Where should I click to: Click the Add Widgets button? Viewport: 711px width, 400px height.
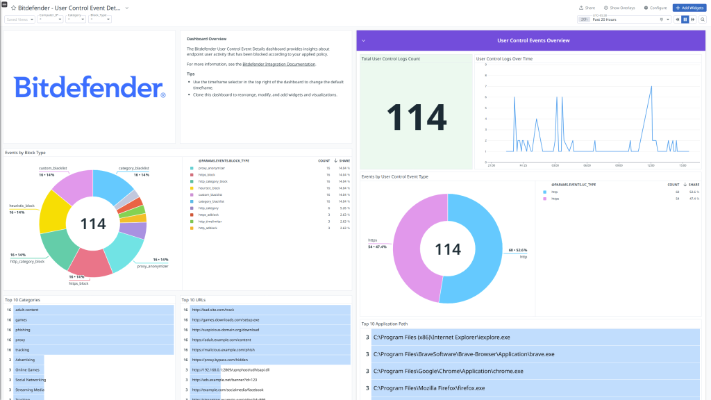click(x=689, y=8)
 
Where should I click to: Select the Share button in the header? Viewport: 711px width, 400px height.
click(x=587, y=8)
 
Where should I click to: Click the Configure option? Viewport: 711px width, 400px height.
click(x=655, y=8)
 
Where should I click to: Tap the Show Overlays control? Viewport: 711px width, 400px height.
click(x=619, y=8)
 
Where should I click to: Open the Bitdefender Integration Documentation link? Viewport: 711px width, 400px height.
click(x=278, y=64)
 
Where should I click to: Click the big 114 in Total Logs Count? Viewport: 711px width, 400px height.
click(x=417, y=117)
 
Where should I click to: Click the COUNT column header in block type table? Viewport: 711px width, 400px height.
click(x=324, y=160)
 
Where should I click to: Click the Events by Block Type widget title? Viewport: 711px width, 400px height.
click(x=25, y=152)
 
